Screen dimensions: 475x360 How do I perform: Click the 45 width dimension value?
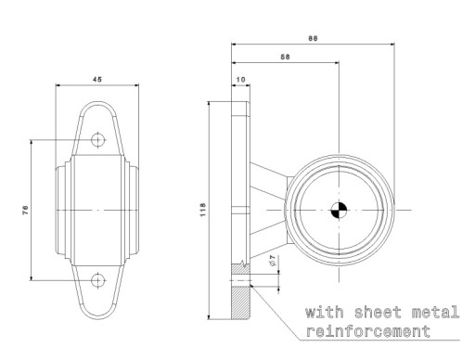click(x=97, y=79)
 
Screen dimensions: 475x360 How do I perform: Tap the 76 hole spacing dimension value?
click(x=25, y=210)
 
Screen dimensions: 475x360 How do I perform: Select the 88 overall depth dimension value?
click(x=313, y=38)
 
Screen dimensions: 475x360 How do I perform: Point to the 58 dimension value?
click(x=285, y=57)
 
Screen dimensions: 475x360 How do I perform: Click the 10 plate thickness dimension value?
click(x=240, y=80)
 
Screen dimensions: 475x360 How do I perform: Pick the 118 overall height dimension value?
click(x=203, y=210)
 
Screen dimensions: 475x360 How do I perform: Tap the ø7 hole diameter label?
click(x=273, y=261)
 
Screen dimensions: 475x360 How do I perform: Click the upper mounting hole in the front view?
click(x=98, y=140)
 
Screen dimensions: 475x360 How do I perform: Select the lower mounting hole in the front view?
click(x=98, y=280)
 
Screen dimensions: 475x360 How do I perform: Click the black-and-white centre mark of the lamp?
click(x=339, y=210)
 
